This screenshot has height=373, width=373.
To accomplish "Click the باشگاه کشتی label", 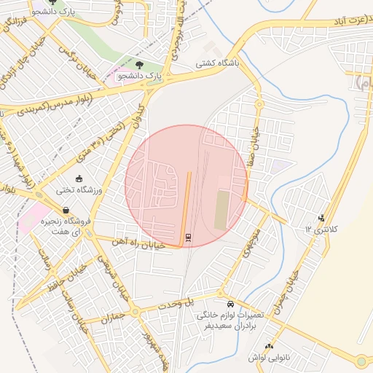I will [219, 63].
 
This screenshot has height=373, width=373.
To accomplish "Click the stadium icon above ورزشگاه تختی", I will [79, 178].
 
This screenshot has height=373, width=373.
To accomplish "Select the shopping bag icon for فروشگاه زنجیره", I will [66, 211].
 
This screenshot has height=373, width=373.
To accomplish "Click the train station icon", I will [189, 237].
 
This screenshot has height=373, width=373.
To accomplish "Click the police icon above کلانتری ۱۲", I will [322, 217].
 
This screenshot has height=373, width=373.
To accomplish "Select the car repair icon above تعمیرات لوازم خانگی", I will [230, 304].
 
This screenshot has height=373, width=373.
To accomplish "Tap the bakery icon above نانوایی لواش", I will [270, 346].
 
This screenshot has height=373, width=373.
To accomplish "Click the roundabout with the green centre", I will [361, 361].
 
